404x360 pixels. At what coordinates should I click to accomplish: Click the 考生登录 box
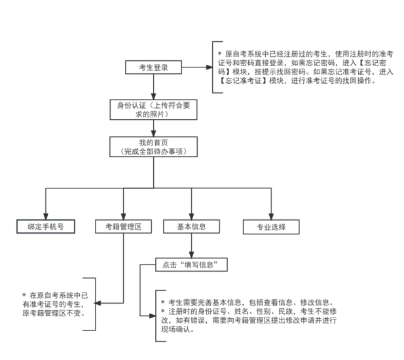pos(153,67)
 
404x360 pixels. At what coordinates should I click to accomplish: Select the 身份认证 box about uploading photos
pos(153,107)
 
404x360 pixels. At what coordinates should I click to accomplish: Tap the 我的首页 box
pos(153,147)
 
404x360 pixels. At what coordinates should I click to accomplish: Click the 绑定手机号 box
pos(45,227)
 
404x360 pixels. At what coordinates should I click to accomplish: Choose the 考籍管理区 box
pos(123,227)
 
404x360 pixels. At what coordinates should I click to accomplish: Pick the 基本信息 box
pos(191,227)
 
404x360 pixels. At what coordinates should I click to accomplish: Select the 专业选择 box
pos(271,227)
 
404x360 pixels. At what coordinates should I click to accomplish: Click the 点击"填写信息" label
pos(191,264)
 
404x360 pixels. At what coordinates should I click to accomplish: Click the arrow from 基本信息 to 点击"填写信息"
pos(191,246)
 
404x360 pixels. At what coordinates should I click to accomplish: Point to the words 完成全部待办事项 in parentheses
pos(153,151)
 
